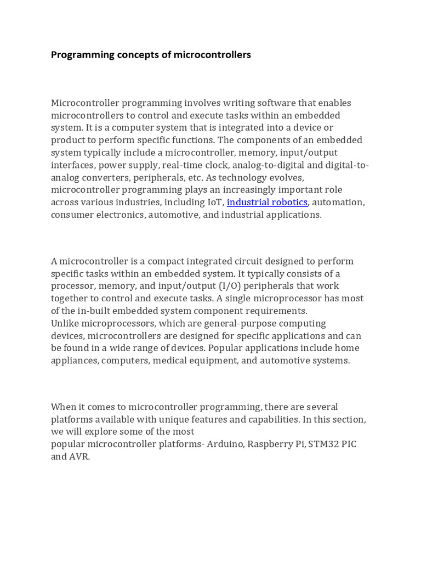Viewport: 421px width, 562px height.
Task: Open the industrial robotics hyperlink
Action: pyautogui.click(x=267, y=202)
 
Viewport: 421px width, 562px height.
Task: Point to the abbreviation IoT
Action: pyautogui.click(x=215, y=202)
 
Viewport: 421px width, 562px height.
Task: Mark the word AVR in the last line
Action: pyautogui.click(x=79, y=457)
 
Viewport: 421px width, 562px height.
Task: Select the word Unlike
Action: pyautogui.click(x=65, y=323)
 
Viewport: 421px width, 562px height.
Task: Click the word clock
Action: pyautogui.click(x=212, y=165)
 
